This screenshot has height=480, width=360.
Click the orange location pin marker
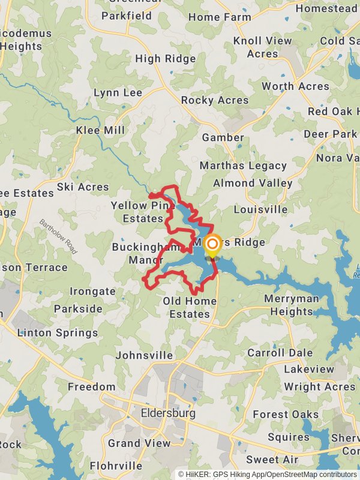pyautogui.click(x=212, y=244)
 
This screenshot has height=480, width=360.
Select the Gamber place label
pyautogui.click(x=223, y=137)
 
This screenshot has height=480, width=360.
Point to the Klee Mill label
pyautogui.click(x=101, y=130)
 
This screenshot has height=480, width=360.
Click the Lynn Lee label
pyautogui.click(x=118, y=93)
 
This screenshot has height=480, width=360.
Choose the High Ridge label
pyautogui.click(x=166, y=59)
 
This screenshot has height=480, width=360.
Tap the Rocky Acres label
pyautogui.click(x=215, y=100)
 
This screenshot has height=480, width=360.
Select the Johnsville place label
pyautogui.click(x=144, y=355)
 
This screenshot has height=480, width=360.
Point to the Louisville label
pyautogui.click(x=260, y=210)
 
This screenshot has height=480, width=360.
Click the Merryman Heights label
pyautogui.click(x=292, y=305)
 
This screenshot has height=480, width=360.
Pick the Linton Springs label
pyautogui.click(x=58, y=332)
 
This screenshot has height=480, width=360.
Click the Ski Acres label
pyautogui.click(x=83, y=187)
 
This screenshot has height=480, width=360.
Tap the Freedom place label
pyautogui.click(x=91, y=386)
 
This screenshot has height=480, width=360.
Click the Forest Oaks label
pyautogui.click(x=286, y=415)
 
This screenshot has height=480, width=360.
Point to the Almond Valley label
pyautogui.click(x=253, y=183)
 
